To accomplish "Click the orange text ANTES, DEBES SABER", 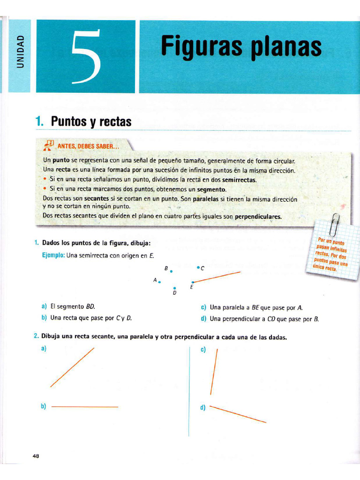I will [x=89, y=146].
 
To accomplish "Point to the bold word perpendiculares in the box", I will [x=258, y=217].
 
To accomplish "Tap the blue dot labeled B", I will [x=172, y=271].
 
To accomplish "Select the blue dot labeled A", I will [x=160, y=282].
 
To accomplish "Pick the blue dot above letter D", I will [x=174, y=288].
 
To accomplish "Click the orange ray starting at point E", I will [x=217, y=277].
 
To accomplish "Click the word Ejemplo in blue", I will [x=53, y=255].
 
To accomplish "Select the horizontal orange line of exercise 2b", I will [x=84, y=407].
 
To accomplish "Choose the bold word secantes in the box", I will [x=96, y=199].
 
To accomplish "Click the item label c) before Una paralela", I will [x=203, y=307].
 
